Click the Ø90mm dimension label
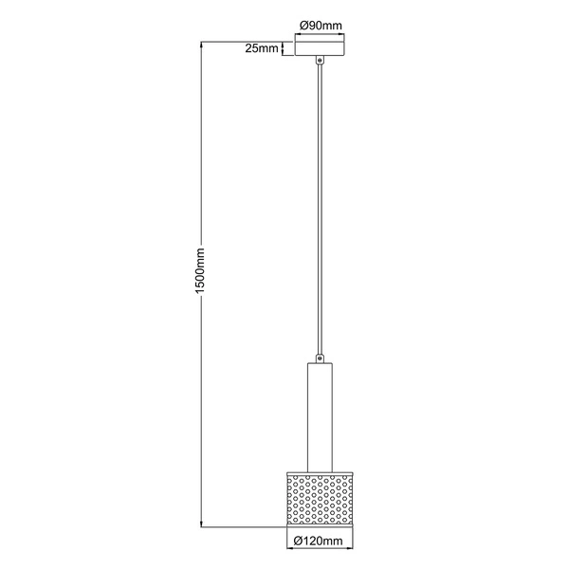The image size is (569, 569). click(321, 26)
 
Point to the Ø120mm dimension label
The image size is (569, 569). click(319, 541)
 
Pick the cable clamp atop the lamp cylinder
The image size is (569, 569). click(321, 358)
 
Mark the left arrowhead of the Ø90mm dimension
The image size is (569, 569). click(298, 32)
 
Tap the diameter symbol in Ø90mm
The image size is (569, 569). click(304, 26)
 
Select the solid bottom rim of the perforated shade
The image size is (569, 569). click(321, 523)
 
